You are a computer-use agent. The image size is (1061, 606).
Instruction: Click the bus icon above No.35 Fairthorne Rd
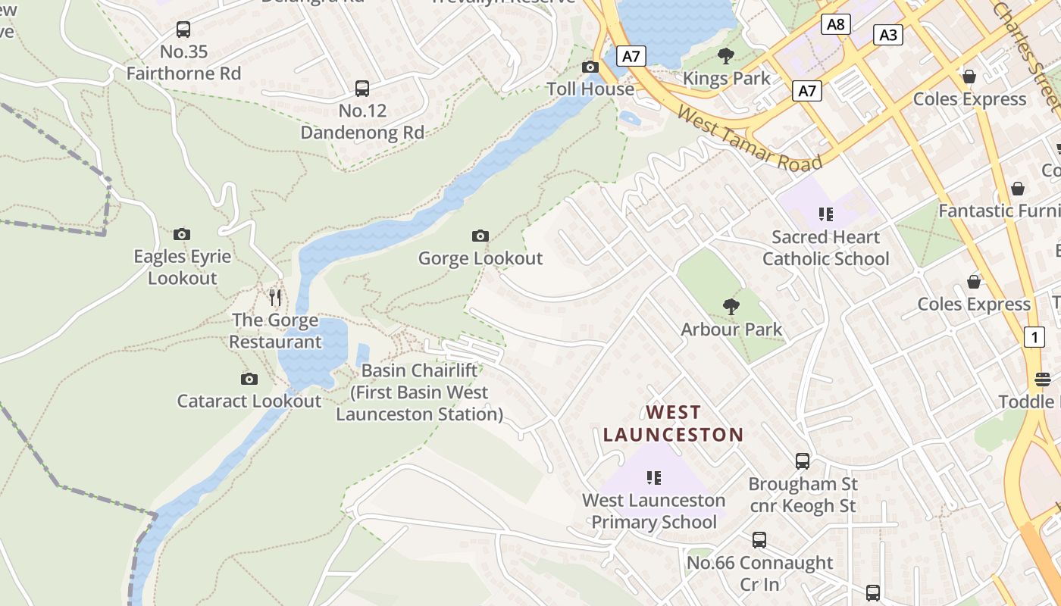(183, 30)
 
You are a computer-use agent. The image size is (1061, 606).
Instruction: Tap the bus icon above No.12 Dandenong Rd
(362, 89)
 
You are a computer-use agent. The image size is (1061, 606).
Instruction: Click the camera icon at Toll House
(590, 67)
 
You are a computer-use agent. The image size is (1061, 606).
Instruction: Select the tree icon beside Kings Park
(725, 55)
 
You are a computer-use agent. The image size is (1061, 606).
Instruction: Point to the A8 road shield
(835, 24)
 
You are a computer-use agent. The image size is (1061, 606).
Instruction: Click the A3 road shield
(888, 34)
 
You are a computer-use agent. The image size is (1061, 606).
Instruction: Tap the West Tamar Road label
(749, 139)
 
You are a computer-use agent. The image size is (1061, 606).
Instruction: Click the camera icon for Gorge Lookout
(480, 236)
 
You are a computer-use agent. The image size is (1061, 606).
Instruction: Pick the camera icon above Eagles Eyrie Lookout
(182, 234)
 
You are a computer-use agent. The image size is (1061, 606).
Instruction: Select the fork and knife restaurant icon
(275, 297)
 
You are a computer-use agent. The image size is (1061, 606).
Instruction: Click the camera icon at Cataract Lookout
(249, 379)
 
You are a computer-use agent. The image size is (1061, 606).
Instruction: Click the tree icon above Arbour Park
(731, 307)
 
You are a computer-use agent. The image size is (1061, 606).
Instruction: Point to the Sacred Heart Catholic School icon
(825, 215)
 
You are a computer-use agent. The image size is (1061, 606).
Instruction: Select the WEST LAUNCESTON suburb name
(673, 423)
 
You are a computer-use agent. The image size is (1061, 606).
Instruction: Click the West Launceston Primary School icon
(653, 478)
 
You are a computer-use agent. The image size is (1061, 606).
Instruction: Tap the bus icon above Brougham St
(802, 461)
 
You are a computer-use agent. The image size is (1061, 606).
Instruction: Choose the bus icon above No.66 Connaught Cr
(759, 540)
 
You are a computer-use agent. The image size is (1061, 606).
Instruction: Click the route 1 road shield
(1034, 336)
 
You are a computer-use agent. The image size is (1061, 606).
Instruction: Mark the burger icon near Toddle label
(1043, 380)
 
